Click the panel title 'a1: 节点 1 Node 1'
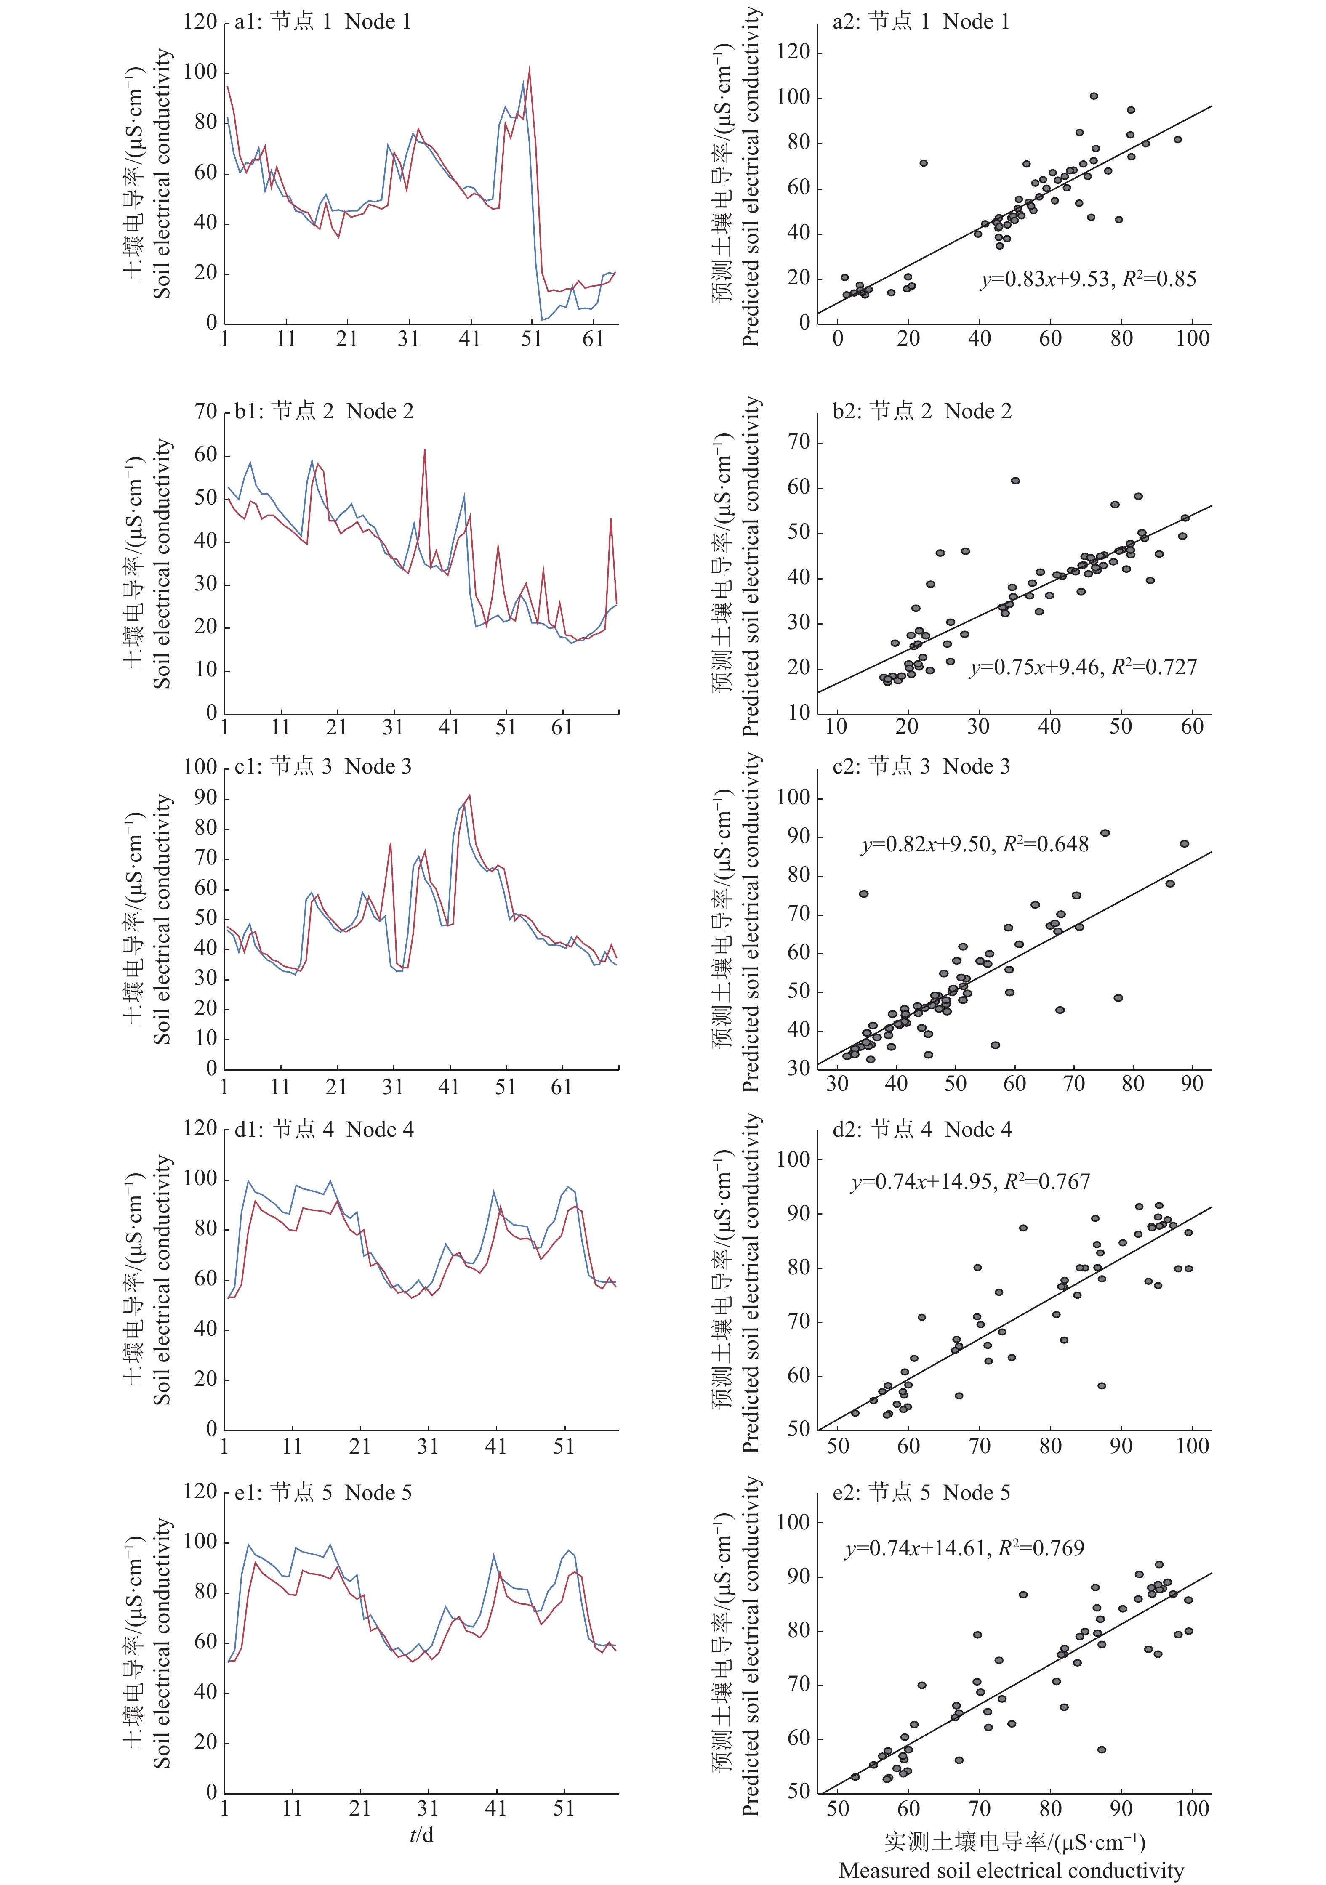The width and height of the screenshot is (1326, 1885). tap(323, 21)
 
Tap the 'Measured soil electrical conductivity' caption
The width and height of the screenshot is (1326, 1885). tap(1012, 1870)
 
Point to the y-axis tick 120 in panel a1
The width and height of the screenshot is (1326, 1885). tap(200, 21)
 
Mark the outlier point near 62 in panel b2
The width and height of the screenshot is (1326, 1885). tap(1016, 480)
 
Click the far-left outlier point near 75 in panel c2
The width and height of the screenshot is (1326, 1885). tap(864, 893)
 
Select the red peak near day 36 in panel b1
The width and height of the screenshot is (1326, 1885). tap(424, 449)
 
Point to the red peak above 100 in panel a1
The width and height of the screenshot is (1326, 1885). tap(530, 69)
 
